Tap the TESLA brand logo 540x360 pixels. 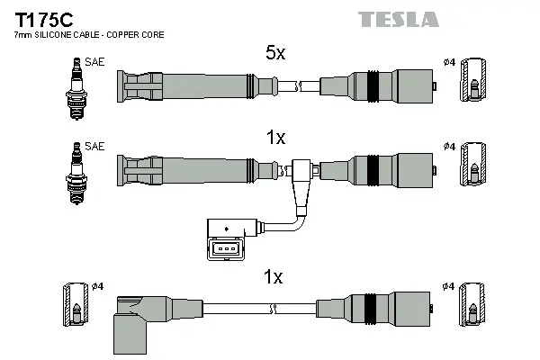(398, 19)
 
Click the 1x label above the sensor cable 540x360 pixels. (275, 138)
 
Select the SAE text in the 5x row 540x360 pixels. (93, 62)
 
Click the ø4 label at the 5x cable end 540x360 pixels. (449, 62)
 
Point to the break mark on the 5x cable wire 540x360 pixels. (294, 87)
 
